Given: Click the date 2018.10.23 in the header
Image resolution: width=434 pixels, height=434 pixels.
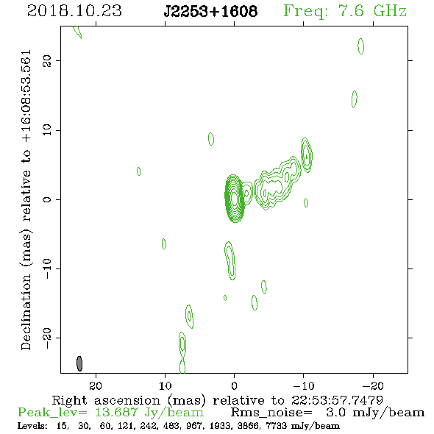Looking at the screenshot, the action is click(74, 11).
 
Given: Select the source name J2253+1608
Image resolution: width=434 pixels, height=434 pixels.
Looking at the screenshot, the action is click(210, 11).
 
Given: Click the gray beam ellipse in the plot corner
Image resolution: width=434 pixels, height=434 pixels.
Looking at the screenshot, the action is click(79, 363).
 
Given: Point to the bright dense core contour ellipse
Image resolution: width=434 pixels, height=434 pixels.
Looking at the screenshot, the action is click(235, 199).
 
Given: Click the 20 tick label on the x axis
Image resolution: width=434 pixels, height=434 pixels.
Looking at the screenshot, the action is click(96, 385).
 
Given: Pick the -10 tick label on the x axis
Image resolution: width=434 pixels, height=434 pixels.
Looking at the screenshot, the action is click(303, 385).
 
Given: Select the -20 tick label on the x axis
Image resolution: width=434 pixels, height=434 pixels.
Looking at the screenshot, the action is click(373, 385).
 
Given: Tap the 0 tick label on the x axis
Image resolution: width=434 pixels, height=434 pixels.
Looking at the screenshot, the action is click(234, 385).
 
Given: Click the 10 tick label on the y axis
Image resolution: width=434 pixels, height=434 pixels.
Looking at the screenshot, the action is click(47, 129).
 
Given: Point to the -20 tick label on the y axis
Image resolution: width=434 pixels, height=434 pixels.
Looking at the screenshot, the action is click(47, 338).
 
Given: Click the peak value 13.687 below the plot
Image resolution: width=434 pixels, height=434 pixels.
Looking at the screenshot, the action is click(116, 413).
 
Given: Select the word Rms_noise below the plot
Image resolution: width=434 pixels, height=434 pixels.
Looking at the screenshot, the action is click(271, 413).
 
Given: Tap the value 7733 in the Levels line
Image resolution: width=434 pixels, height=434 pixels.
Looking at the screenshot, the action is click(276, 425).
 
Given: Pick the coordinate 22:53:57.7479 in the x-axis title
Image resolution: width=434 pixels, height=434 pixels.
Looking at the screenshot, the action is click(337, 400).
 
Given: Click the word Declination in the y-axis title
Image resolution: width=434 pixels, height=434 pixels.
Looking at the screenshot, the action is click(26, 312).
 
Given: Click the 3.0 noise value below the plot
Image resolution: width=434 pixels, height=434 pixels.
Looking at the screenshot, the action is click(335, 413).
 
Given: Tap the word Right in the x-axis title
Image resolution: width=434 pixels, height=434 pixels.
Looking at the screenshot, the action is click(69, 401).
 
